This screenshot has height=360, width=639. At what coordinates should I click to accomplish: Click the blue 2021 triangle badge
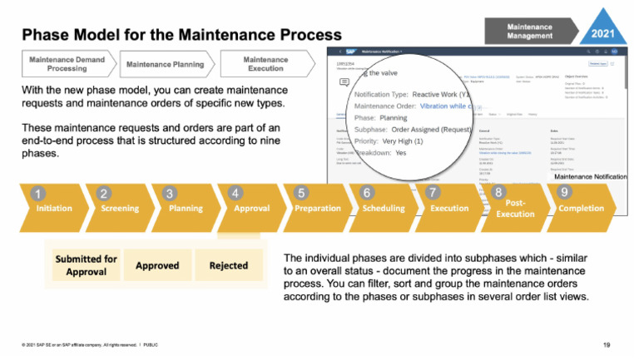coord(602,31)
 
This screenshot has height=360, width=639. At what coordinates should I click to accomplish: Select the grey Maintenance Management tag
coord(529,32)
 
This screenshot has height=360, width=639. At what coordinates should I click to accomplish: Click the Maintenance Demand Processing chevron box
coord(69,65)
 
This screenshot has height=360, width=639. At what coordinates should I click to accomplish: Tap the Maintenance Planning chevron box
coord(166,65)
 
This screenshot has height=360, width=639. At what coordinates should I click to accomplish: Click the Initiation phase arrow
coord(53,209)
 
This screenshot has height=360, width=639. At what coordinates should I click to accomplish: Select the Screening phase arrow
coord(119,209)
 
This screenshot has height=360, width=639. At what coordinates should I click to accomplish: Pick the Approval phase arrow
coord(250,209)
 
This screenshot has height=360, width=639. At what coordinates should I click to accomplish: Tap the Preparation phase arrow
coord(317,209)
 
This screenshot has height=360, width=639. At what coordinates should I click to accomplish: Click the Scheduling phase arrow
coord(383,209)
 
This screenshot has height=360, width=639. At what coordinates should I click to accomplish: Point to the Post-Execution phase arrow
coord(515,209)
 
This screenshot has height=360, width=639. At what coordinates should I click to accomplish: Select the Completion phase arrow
coord(582,209)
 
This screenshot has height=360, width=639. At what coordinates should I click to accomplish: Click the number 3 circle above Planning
coord(170,194)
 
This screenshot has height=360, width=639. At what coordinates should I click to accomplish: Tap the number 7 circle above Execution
coord(433,192)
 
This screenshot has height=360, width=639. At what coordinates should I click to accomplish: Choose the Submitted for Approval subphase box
coord(86,265)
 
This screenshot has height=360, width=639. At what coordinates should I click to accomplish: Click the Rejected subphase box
coord(228,266)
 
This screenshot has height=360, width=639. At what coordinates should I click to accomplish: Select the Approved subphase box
coord(157,266)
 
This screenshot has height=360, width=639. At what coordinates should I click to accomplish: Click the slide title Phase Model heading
coord(181,35)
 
